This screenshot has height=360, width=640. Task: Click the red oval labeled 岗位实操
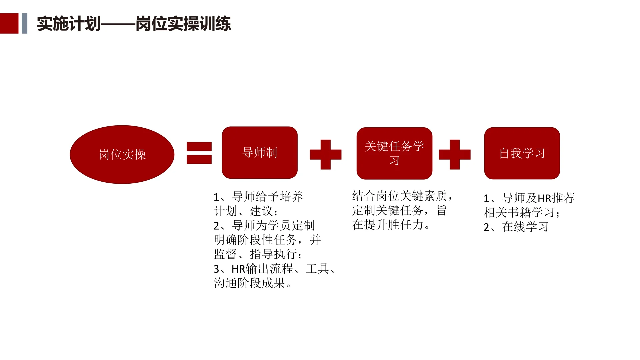[122, 154]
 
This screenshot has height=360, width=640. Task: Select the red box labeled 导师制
[260, 153]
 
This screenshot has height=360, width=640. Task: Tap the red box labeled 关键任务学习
[394, 153]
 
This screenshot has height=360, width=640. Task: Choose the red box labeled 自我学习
[522, 153]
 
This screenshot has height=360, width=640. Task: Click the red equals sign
[199, 153]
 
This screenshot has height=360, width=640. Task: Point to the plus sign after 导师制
[325, 154]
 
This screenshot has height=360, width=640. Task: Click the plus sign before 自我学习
[454, 154]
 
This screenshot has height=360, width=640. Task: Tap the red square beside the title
[9, 23]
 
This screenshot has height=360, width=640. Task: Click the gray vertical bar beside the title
[24, 23]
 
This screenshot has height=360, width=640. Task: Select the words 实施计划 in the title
[68, 24]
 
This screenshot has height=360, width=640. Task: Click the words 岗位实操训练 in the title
[183, 24]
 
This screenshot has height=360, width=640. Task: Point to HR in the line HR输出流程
[238, 269]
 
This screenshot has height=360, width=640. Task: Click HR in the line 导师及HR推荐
[544, 198]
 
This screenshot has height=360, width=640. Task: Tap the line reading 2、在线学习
[516, 227]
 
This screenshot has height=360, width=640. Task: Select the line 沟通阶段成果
[252, 283]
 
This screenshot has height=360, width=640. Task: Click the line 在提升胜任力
[391, 225]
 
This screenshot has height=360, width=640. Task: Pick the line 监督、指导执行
[258, 254]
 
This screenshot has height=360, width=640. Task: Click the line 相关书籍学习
[522, 213]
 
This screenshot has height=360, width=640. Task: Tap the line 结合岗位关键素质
[402, 196]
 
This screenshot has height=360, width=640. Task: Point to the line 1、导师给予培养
[258, 197]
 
